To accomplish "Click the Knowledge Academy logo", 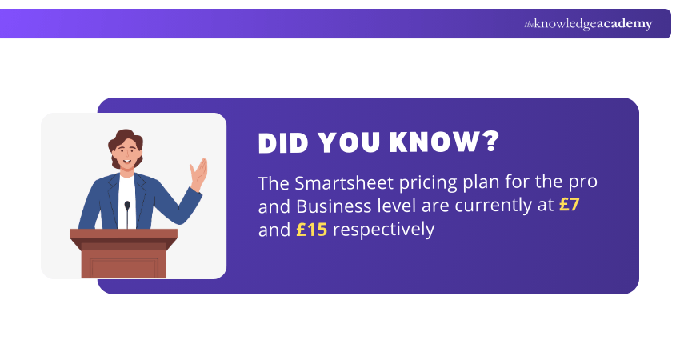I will (x=588, y=24).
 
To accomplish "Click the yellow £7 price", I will (x=569, y=206).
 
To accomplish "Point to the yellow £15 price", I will (x=310, y=230).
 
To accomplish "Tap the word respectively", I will (x=383, y=230).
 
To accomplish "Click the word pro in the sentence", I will (x=582, y=182).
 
